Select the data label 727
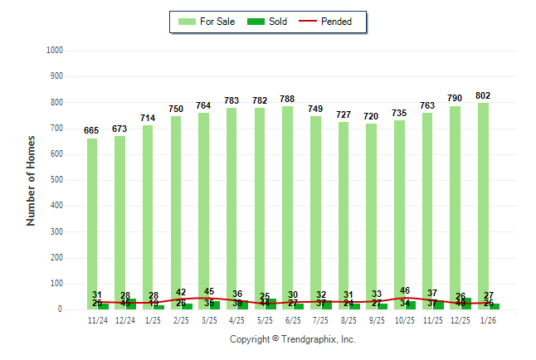[344, 114]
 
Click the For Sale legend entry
[207, 22]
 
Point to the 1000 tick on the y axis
[55, 51]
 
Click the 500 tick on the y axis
[57, 180]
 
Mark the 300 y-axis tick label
[57, 232]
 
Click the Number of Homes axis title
[32, 180]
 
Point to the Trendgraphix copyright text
[292, 339]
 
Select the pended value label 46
[405, 291]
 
